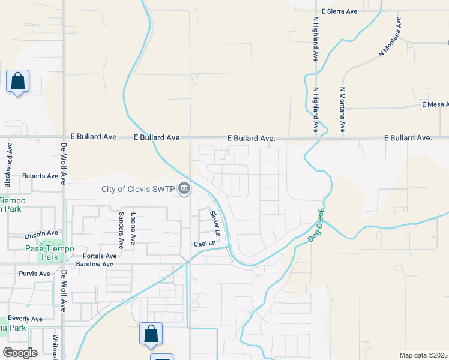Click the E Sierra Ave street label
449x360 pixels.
click(x=340, y=11)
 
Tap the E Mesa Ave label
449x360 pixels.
click(x=435, y=104)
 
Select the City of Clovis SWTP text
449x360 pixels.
click(x=139, y=190)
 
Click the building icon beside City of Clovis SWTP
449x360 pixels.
click(x=185, y=190)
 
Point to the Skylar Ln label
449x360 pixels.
click(x=215, y=223)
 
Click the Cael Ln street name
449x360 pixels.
click(x=203, y=244)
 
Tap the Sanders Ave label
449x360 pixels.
click(x=121, y=230)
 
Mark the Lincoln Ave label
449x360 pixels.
click(x=41, y=233)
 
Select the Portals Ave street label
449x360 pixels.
click(x=99, y=255)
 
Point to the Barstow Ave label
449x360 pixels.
click(x=95, y=264)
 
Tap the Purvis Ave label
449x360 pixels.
click(x=35, y=274)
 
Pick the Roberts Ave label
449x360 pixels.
click(x=40, y=176)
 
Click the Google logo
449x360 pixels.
click(x=20, y=353)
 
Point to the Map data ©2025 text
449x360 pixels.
click(x=423, y=355)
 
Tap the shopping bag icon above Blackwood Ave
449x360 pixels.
click(x=18, y=81)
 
